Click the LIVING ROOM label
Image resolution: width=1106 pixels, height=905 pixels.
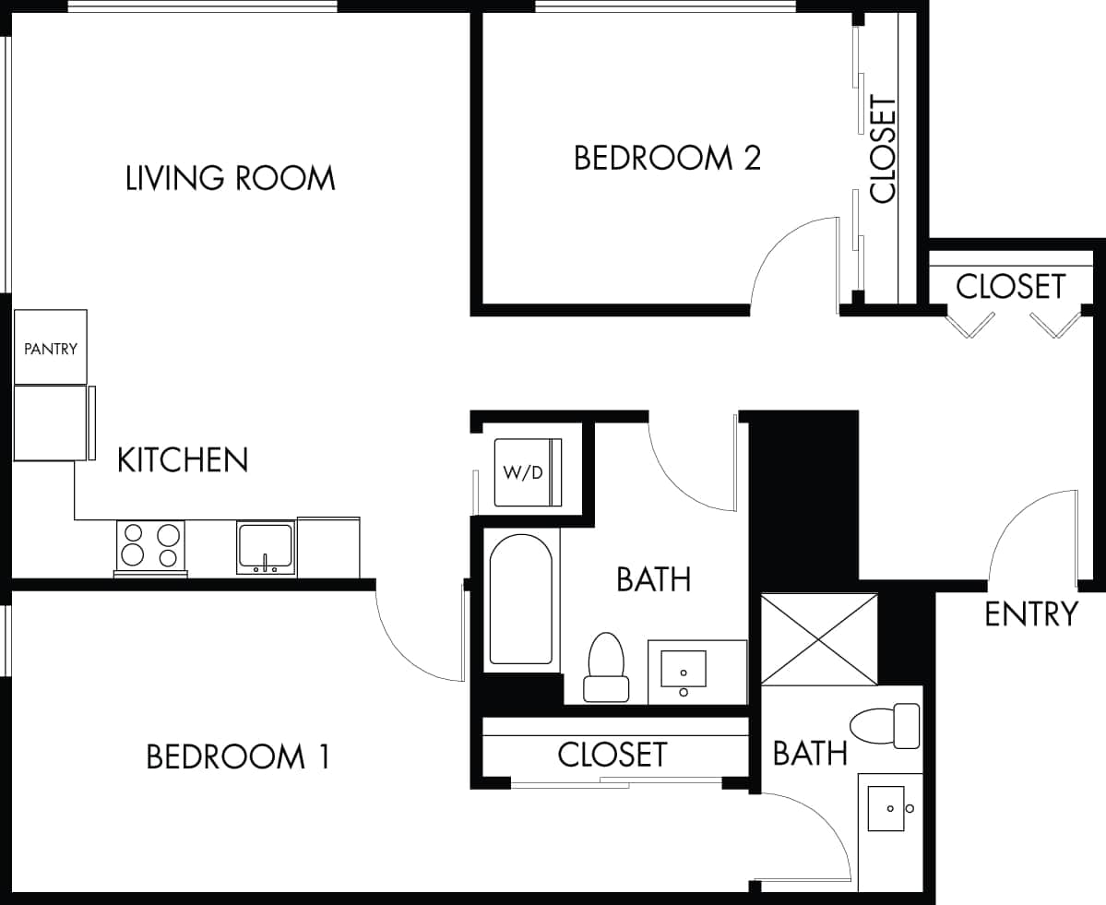click(230, 177)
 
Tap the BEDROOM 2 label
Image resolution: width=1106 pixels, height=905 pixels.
click(667, 158)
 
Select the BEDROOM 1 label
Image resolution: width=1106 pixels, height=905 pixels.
click(238, 756)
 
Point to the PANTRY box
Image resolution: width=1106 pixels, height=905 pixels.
click(51, 348)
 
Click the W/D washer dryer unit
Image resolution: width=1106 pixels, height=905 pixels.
click(527, 472)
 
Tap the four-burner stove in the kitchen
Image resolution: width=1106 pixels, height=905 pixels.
click(150, 545)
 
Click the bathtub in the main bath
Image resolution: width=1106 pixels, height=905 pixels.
click(521, 600)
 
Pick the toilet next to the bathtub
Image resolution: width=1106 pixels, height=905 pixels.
click(606, 666)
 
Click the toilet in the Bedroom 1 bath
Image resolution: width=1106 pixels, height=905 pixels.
click(885, 725)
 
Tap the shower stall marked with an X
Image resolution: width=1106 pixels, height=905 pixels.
click(819, 639)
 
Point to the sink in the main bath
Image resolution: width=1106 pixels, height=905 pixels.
click(684, 671)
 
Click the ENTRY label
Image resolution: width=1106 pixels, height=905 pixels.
click(1030, 613)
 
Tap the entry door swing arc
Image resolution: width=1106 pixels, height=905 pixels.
click(1029, 535)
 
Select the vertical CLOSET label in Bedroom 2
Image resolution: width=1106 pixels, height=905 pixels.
click(883, 149)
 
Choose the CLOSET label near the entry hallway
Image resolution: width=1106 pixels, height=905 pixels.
click(1010, 286)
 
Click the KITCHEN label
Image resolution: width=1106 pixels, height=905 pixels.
click(183, 459)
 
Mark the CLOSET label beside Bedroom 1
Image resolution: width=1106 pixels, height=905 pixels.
click(612, 754)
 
